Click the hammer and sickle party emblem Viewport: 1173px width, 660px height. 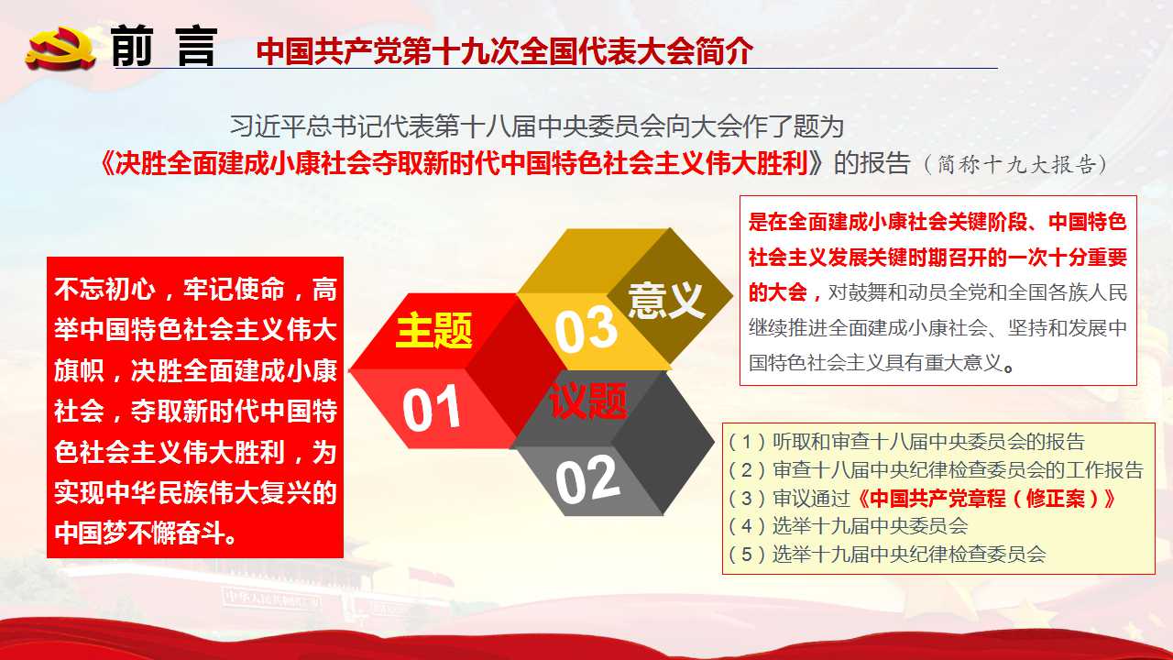coord(60,49)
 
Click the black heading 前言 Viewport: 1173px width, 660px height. coord(164,46)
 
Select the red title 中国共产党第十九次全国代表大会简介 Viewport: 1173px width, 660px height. coord(504,50)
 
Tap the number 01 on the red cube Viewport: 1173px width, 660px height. coord(431,409)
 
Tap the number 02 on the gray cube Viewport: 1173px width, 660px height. coord(587,478)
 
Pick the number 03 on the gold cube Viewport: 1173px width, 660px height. coord(586,329)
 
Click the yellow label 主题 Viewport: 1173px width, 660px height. coord(434,330)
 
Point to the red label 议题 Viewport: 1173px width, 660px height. coord(588,401)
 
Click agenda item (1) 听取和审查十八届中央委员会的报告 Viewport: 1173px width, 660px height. coord(906,442)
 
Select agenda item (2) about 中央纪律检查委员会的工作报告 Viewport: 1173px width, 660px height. coord(936,470)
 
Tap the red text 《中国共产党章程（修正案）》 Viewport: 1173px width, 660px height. coord(985,498)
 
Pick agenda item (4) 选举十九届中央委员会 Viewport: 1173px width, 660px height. coord(849,526)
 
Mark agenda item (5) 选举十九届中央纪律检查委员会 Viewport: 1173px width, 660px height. coord(887,555)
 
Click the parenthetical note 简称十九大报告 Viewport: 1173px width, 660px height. coord(1016,164)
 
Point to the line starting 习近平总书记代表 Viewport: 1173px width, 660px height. coord(537,126)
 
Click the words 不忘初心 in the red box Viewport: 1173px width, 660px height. coord(104,289)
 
